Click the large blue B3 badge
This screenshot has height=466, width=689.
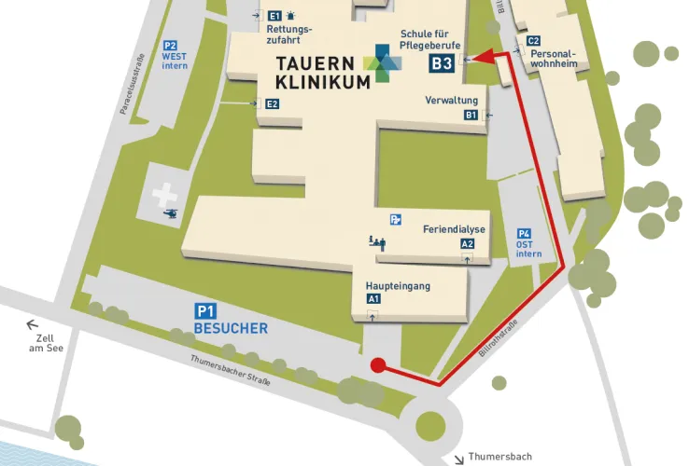click(x=442, y=63)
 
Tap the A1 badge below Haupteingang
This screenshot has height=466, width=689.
click(x=373, y=299)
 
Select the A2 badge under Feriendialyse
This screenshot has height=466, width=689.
click(x=468, y=243)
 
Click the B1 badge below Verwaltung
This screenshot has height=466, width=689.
click(x=471, y=115)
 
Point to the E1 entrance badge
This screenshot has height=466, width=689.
click(x=274, y=16)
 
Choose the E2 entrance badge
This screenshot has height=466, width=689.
click(x=273, y=103)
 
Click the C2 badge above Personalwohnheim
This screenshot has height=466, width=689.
click(x=533, y=41)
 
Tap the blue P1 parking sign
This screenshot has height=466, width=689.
click(x=204, y=310)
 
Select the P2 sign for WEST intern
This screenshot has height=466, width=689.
click(x=170, y=45)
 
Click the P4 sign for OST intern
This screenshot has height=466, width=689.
click(x=524, y=234)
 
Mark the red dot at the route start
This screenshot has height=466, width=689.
click(x=378, y=364)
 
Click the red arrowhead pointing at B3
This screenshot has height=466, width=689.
click(x=470, y=58)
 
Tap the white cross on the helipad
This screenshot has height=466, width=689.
click(x=164, y=195)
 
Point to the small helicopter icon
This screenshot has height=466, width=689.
click(x=172, y=214)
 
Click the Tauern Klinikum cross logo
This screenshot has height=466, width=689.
click(x=384, y=62)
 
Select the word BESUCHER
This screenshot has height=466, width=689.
click(x=231, y=328)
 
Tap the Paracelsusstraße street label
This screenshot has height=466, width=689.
click(x=132, y=85)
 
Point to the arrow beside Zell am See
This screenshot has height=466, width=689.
click(x=33, y=324)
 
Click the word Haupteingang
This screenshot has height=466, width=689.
click(x=398, y=286)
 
